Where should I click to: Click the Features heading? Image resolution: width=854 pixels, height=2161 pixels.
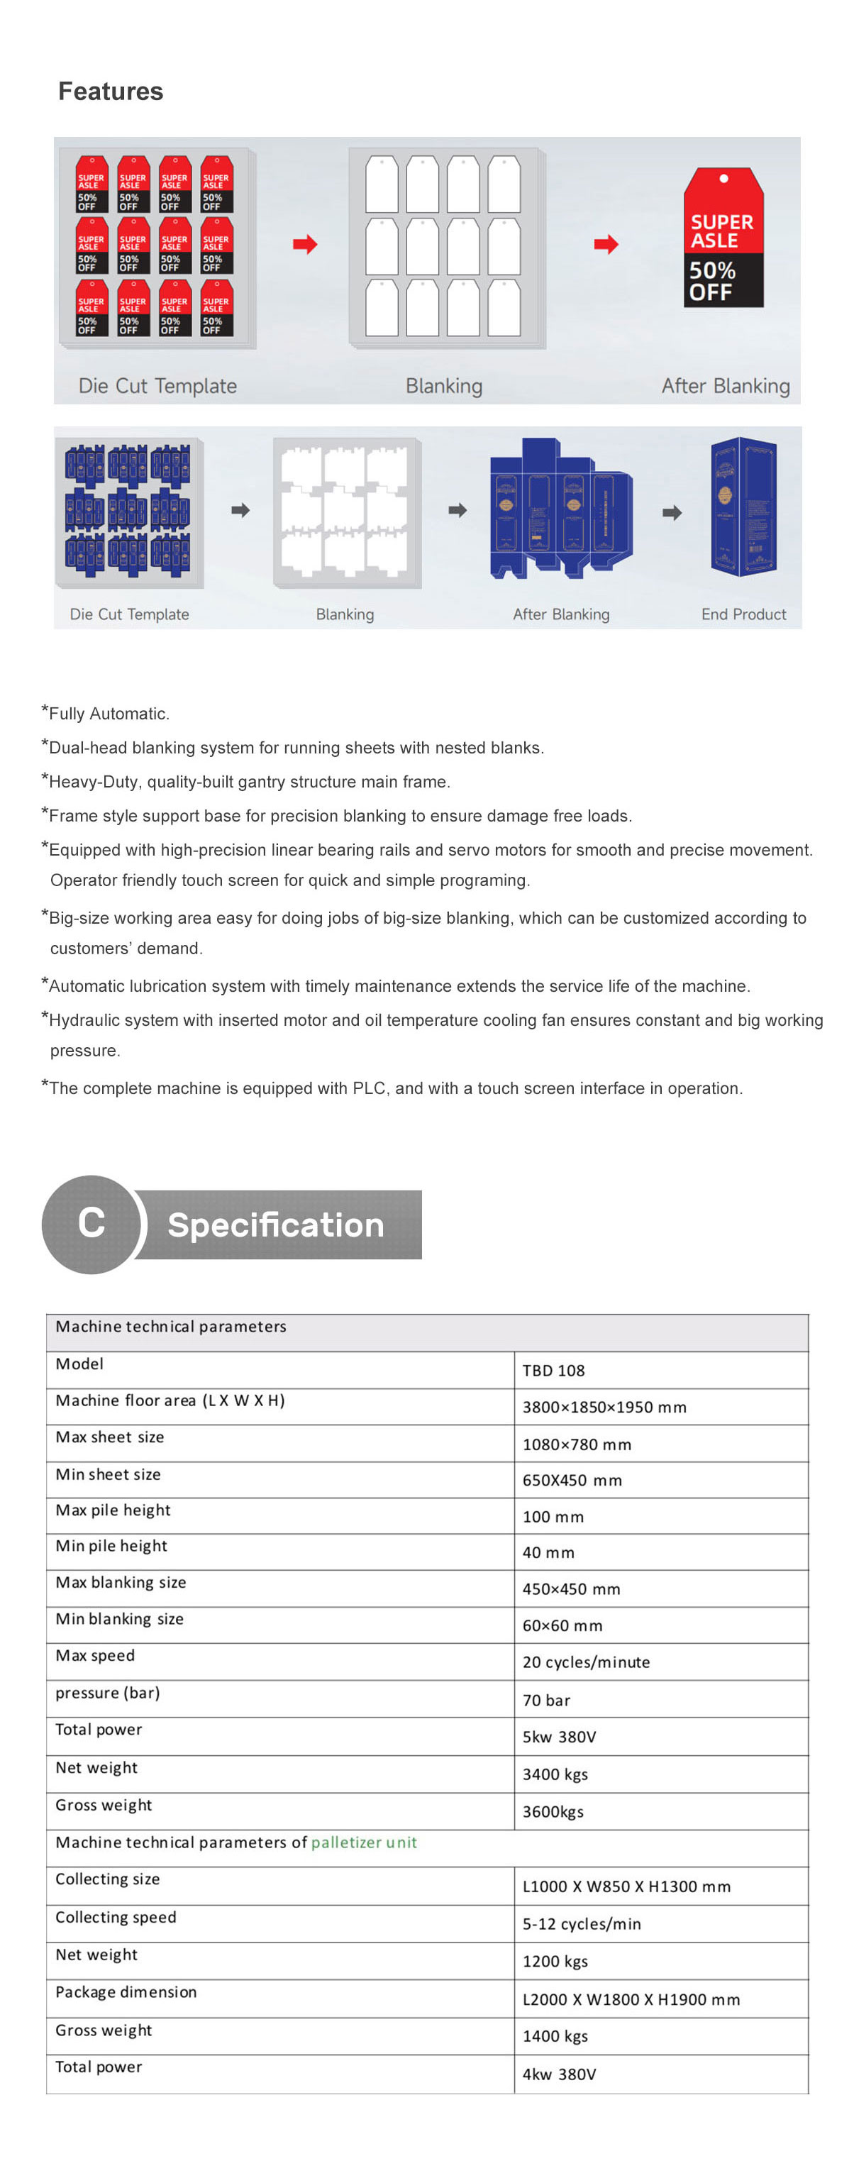(x=110, y=92)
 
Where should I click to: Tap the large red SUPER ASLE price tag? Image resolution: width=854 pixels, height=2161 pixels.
(x=722, y=238)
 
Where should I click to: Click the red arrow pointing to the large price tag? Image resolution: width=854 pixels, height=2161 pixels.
(x=606, y=245)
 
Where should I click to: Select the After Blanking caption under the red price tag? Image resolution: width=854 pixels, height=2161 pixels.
(x=725, y=386)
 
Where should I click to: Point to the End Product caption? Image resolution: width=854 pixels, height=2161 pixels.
(x=743, y=614)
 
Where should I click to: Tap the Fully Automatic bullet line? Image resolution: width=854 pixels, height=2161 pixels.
(x=109, y=714)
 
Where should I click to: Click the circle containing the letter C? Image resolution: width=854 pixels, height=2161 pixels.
(x=91, y=1223)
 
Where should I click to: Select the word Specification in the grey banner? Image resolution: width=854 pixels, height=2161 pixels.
(x=275, y=1225)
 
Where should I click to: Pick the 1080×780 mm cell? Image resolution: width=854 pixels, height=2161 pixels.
(x=577, y=1444)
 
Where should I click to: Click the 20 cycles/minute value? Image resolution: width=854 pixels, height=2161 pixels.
(x=586, y=1662)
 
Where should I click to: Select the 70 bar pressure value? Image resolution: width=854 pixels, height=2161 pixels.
(x=546, y=1701)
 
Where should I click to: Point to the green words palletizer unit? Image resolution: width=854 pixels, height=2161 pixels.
(x=363, y=1842)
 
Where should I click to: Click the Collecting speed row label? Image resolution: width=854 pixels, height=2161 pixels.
(x=116, y=1917)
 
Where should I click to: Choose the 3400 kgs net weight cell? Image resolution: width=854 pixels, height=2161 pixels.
(x=555, y=1774)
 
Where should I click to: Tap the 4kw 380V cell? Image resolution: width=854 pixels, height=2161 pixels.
(x=559, y=2074)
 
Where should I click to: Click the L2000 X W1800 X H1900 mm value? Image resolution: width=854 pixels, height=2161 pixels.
(x=631, y=1999)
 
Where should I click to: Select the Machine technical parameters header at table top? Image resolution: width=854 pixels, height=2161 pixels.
(x=170, y=1326)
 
